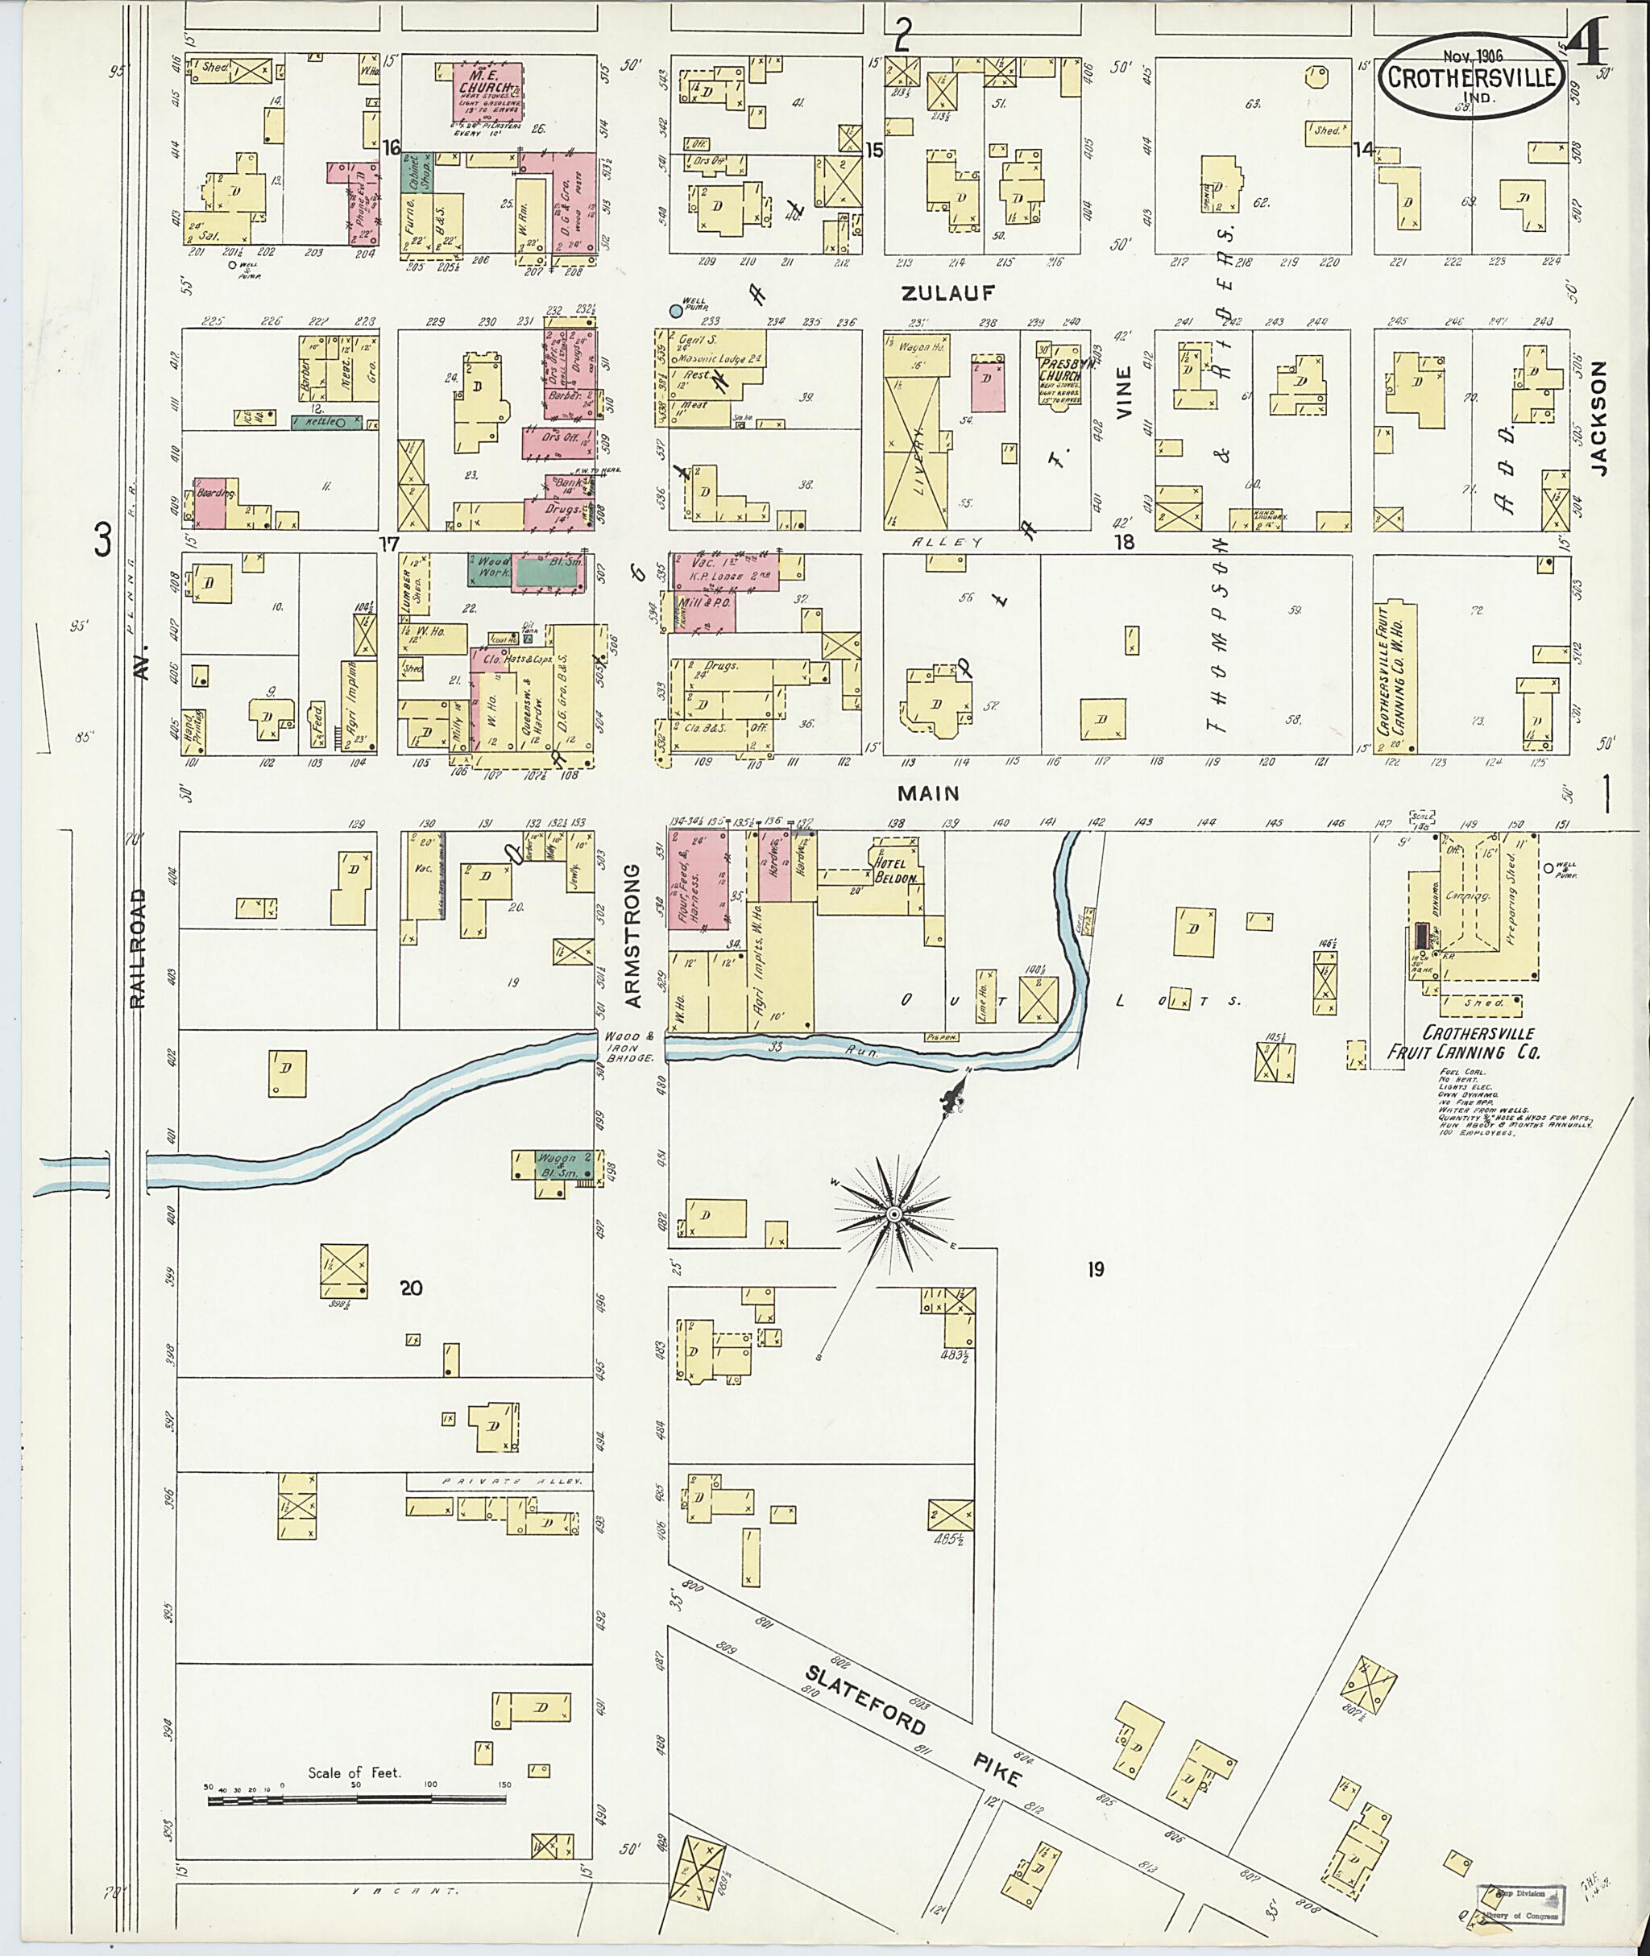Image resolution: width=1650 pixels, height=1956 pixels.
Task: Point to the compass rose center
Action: [894, 1214]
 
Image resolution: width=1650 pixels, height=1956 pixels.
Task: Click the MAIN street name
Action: [928, 793]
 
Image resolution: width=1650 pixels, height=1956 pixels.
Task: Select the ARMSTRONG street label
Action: [633, 935]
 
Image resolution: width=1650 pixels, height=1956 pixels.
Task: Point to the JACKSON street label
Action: [1598, 419]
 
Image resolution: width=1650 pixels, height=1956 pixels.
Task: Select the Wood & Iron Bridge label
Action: [628, 1044]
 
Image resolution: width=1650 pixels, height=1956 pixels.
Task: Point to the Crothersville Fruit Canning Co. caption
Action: [1476, 1043]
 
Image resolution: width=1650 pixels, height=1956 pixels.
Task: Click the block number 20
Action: [411, 1288]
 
